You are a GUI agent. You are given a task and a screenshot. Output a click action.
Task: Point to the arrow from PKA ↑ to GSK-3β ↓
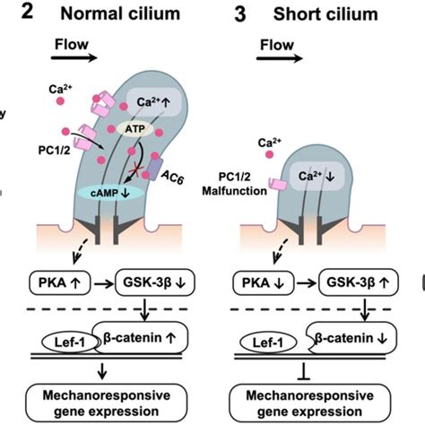click(x=108, y=284)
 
